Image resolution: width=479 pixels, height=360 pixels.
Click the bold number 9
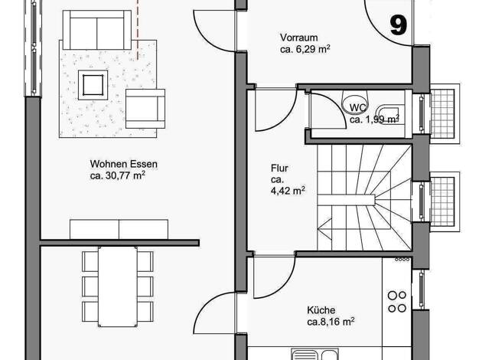pyautogui.click(x=399, y=25)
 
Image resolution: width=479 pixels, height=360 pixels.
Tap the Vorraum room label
pyautogui.click(x=298, y=38)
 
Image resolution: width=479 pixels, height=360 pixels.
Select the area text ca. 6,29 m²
pyautogui.click(x=305, y=49)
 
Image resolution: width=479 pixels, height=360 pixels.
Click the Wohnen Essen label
pyautogui.click(x=124, y=164)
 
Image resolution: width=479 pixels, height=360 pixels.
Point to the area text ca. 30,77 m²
pyautogui.click(x=117, y=175)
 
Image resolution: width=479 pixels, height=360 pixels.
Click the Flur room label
pyautogui.click(x=279, y=168)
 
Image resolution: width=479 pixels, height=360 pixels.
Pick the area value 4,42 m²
pyautogui.click(x=288, y=191)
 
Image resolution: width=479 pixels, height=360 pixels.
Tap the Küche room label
pyautogui.click(x=321, y=310)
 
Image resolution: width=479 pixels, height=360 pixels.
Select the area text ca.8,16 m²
pyautogui.click(x=331, y=322)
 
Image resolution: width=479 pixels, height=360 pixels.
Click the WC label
pyautogui.click(x=358, y=108)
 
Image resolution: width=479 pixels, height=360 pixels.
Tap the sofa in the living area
pyautogui.click(x=97, y=30)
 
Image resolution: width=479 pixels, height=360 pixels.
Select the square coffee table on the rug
pyautogui.click(x=93, y=85)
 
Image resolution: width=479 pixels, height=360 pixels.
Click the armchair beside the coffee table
pyautogui.click(x=145, y=109)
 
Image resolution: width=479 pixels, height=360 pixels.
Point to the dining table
pyautogui.click(x=118, y=286)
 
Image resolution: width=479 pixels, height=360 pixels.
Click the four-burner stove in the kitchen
pyautogui.click(x=397, y=302)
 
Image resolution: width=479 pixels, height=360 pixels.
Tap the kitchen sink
pyautogui.click(x=314, y=354)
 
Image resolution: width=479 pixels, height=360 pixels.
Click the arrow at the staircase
pyautogui.click(x=324, y=228)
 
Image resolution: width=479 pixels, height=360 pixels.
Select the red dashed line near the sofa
pyautogui.click(x=138, y=30)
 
